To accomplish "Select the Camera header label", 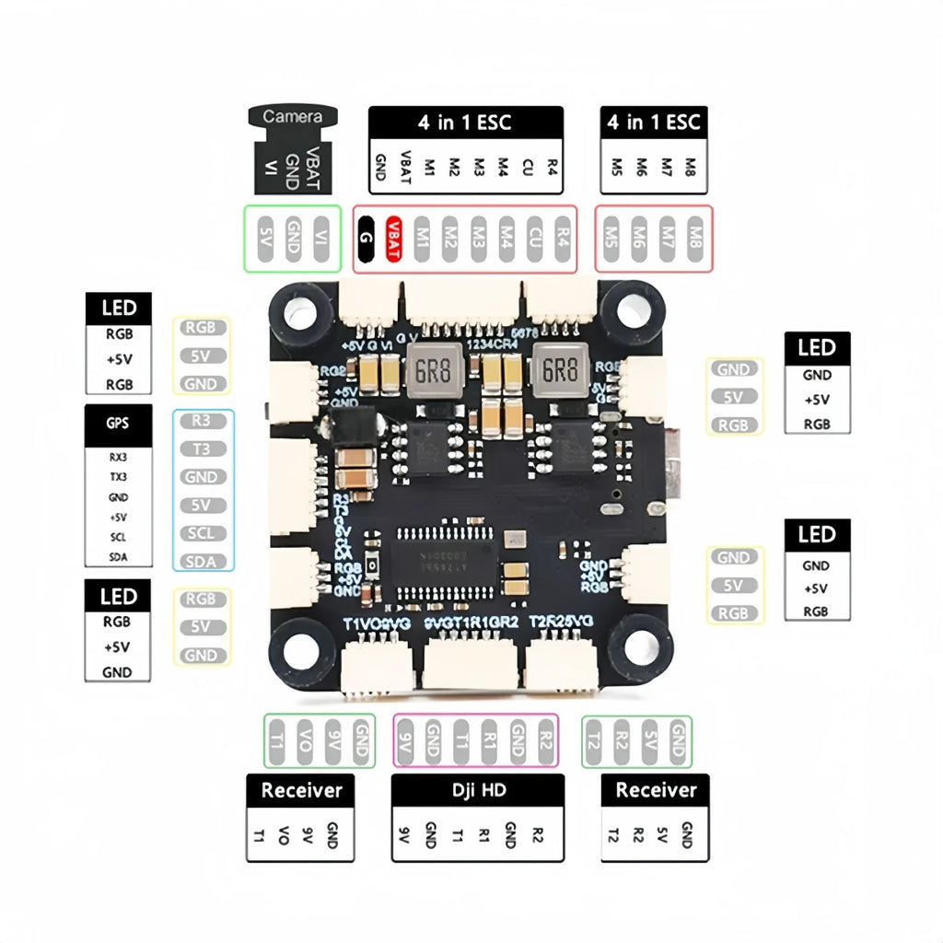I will pos(292,117).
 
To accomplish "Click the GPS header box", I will pos(118,424).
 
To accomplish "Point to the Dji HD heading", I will pos(477,790).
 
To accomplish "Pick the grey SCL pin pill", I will pos(202,533).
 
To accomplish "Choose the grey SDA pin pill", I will pos(202,562).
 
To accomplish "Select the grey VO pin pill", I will pos(306,739).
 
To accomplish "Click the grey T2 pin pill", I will pos(596,739).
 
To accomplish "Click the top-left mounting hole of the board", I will pos(300,312).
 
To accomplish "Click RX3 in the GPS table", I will pos(118,456).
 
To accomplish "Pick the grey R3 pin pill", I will pos(202,421).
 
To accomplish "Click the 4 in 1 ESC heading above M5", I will pos(654,122).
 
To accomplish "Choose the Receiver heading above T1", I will pos(301,790).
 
